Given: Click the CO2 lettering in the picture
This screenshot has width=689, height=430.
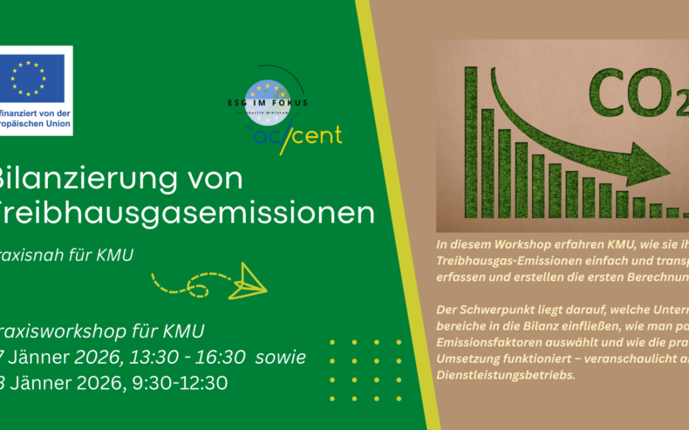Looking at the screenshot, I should [629, 86].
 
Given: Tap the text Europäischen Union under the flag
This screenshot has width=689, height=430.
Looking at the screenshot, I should [37, 127].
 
